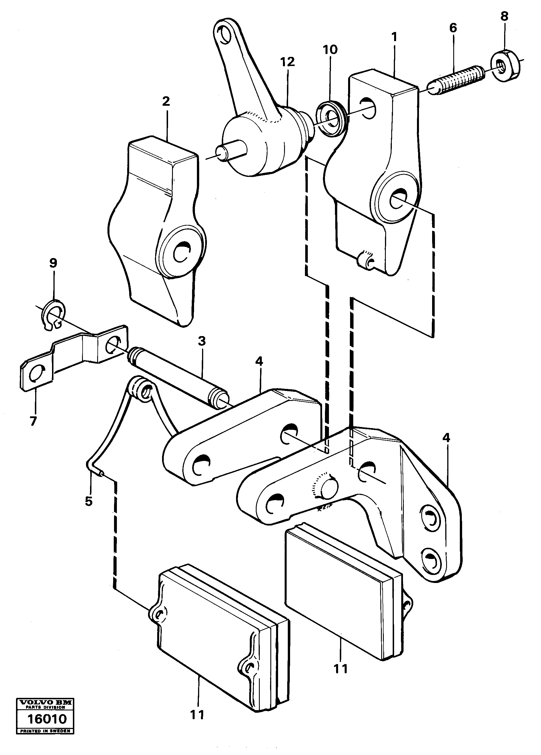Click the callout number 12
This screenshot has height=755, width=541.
click(287, 62)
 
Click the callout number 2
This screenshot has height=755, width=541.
click(166, 101)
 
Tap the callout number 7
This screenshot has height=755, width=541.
click(33, 421)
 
